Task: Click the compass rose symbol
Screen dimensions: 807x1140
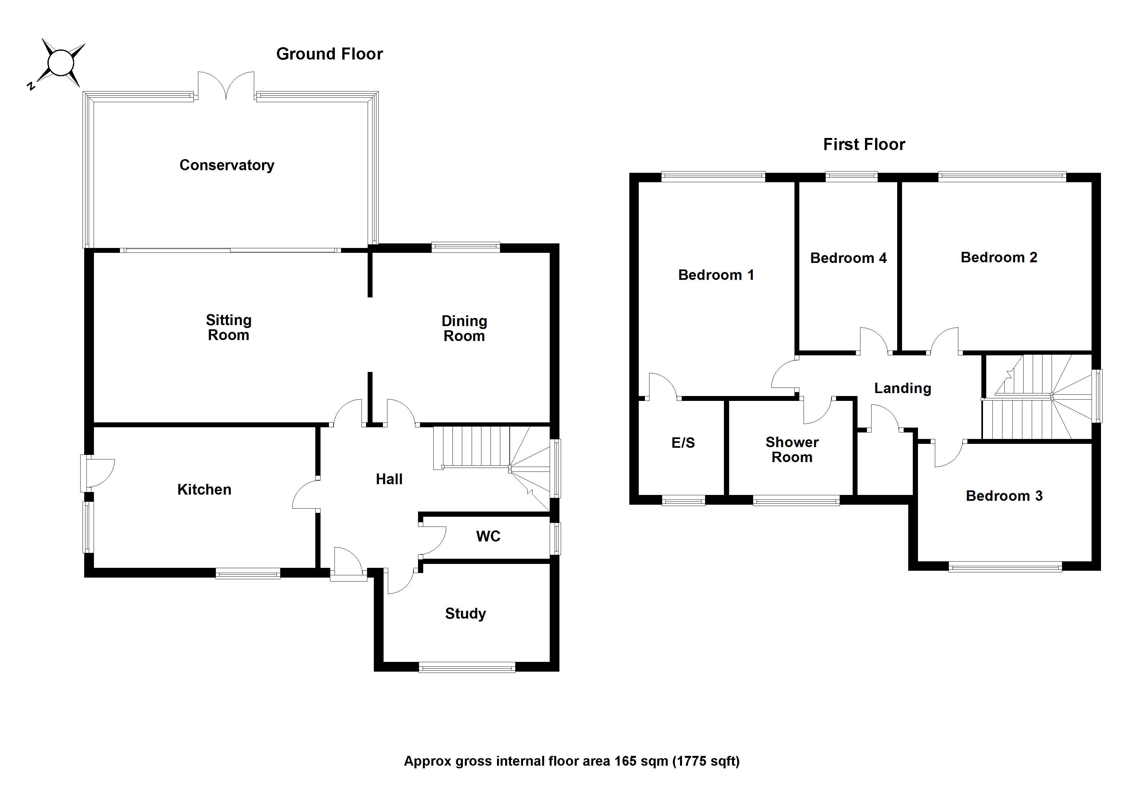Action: [x=60, y=63]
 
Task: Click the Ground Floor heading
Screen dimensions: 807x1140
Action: [x=329, y=54]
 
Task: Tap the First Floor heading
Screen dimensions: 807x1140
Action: [x=864, y=144]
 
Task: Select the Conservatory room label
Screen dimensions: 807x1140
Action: [x=227, y=165]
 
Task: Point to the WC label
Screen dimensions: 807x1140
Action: [x=488, y=536]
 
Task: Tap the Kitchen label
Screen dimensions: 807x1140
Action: [x=204, y=489]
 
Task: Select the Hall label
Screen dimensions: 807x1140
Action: [x=389, y=479]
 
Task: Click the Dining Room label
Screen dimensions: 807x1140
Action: [x=464, y=328]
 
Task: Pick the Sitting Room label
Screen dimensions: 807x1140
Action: [x=229, y=327]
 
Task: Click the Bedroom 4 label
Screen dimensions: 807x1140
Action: [x=848, y=258]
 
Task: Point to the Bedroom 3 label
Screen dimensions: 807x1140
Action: [x=1004, y=496]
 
